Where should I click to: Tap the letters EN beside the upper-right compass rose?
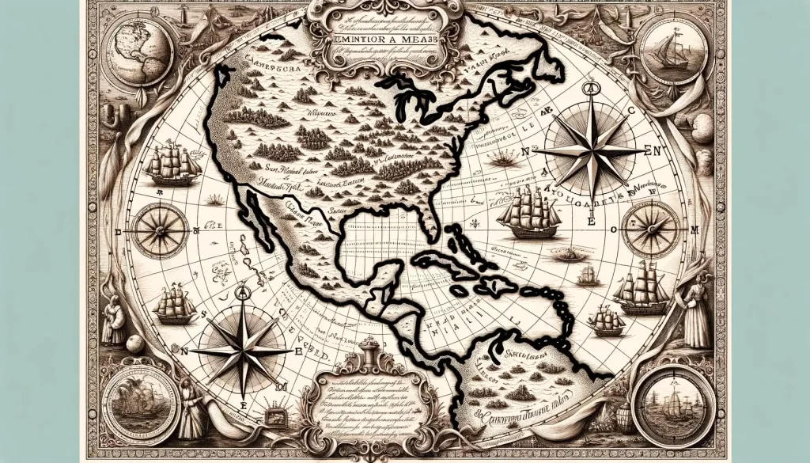click(x=655, y=148)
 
